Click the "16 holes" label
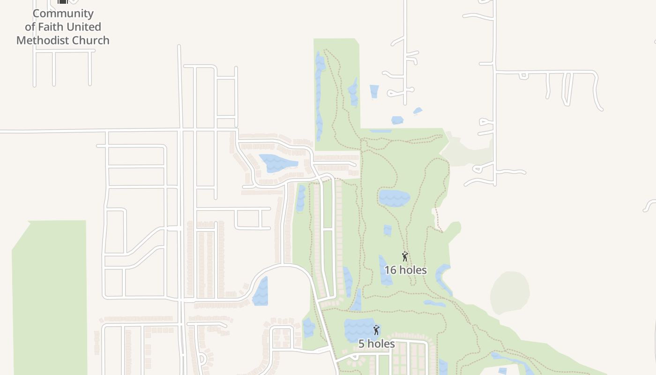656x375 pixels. pyautogui.click(x=405, y=270)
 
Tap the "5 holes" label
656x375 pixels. pyautogui.click(x=376, y=344)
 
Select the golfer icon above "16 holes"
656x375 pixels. pyautogui.click(x=405, y=256)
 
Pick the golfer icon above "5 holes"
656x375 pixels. pyautogui.click(x=376, y=330)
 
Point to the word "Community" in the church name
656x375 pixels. pyautogui.click(x=63, y=13)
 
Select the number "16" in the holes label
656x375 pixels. pyautogui.click(x=390, y=270)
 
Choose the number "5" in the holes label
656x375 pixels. pyautogui.click(x=361, y=344)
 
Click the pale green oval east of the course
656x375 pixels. pyautogui.click(x=510, y=293)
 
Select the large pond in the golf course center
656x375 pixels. pyautogui.click(x=394, y=198)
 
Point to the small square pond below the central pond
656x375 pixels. pyautogui.click(x=388, y=230)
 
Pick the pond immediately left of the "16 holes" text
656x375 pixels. pyautogui.click(x=385, y=271)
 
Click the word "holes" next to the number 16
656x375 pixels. pyautogui.click(x=413, y=270)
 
